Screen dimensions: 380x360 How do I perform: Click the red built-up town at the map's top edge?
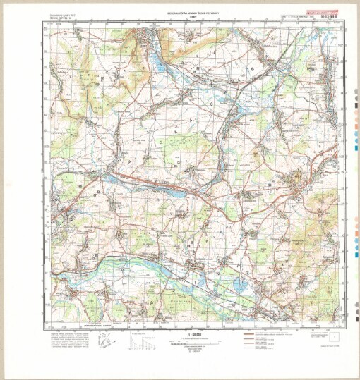[x=150, y=39]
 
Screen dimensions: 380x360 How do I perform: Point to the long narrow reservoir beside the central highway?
[x=159, y=188]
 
